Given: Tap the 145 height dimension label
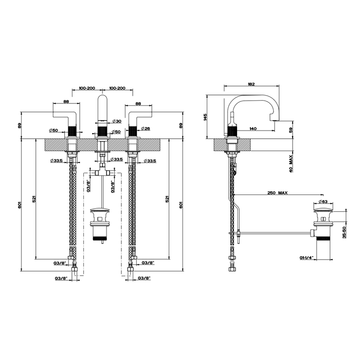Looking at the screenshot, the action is point(205,117).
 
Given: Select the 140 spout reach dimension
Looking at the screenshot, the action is point(254,129).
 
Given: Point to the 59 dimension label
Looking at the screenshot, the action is point(291,130).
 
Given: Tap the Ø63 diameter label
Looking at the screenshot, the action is point(324,202).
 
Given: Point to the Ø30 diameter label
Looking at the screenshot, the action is point(116,121).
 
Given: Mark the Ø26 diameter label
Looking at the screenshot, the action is point(145,128).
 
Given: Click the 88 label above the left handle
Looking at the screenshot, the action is point(66,102).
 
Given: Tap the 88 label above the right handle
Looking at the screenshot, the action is point(138,102).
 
